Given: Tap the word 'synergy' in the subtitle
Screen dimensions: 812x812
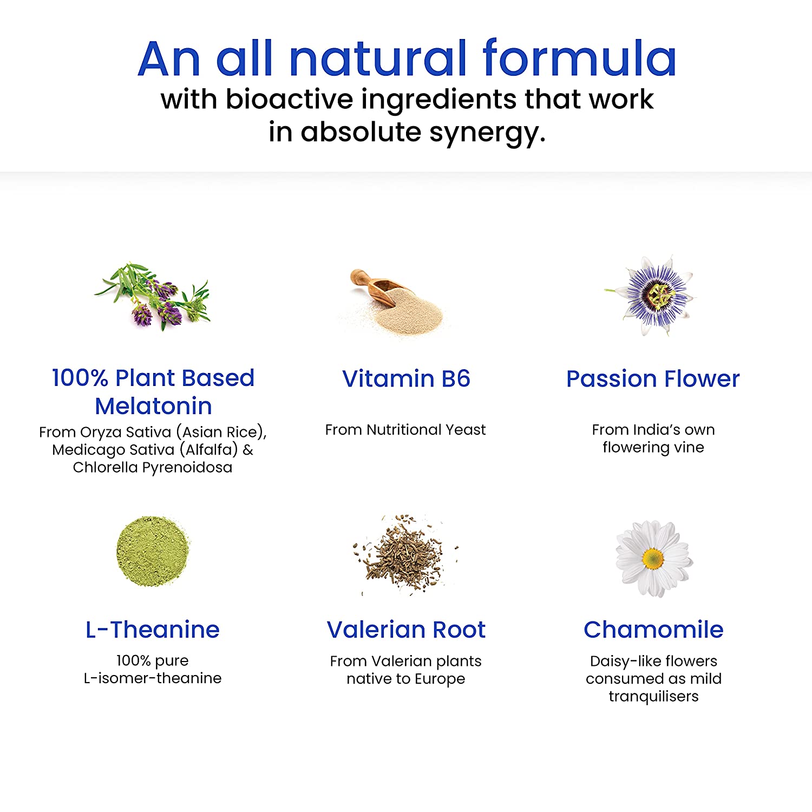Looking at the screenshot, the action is click(487, 133).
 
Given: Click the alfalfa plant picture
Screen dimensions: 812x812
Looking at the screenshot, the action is click(152, 296).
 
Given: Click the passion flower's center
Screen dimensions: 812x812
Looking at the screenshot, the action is click(659, 295).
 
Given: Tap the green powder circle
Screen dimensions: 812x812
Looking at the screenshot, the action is click(153, 551).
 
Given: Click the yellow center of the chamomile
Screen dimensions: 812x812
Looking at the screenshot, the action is click(653, 559).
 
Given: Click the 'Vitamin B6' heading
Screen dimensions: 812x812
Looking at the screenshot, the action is click(406, 378).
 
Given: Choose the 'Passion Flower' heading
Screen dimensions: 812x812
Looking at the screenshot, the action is click(653, 378).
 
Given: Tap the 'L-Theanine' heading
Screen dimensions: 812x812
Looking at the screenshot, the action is click(153, 630).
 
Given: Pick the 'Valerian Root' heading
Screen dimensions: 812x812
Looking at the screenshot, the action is click(406, 630).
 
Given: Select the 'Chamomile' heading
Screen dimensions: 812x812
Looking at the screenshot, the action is click(653, 630).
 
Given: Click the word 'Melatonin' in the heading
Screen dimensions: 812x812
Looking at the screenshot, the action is click(153, 406).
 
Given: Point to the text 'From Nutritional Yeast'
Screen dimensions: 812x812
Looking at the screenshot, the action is click(405, 430).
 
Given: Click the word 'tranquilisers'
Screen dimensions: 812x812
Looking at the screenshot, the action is click(653, 696).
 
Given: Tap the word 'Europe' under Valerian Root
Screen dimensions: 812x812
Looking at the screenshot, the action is click(440, 679).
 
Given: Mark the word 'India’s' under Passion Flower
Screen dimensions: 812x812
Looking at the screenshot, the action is click(649, 430).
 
